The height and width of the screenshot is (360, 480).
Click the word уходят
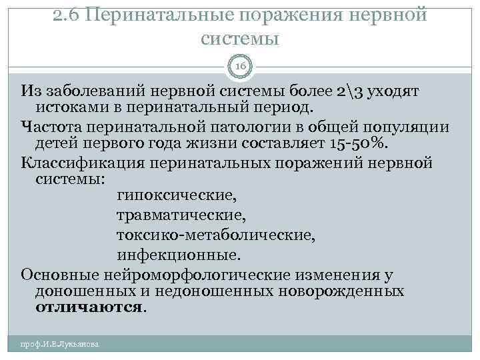(395, 90)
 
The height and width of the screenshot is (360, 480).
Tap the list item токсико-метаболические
(215, 235)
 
